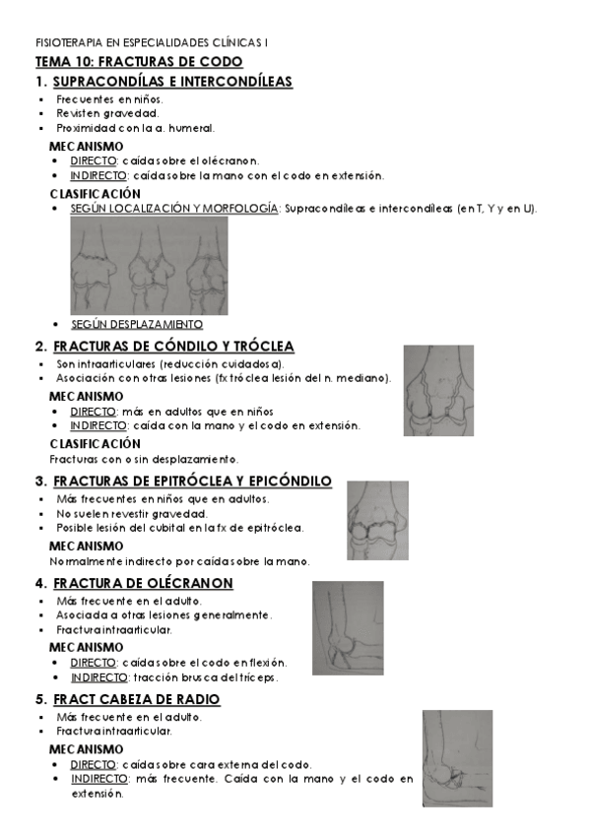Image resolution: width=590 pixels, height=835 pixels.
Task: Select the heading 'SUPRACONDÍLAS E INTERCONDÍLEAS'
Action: [172, 82]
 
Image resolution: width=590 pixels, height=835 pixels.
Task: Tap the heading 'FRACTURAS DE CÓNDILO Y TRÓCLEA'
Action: [173, 347]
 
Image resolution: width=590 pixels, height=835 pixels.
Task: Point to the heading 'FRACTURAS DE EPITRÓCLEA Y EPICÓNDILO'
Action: [192, 482]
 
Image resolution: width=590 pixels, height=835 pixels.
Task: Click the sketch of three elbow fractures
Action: [149, 265]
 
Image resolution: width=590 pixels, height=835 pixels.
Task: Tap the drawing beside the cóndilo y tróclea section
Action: [438, 390]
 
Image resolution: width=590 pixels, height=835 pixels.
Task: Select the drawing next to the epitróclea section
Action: [377, 521]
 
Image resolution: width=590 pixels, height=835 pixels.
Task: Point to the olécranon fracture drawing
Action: [348, 627]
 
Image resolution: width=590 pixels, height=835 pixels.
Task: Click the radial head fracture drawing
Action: [457, 759]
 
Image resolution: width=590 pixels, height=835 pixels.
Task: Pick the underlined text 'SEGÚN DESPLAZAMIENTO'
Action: [137, 324]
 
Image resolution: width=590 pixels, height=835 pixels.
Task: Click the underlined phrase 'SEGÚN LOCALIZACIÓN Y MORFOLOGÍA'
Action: [175, 209]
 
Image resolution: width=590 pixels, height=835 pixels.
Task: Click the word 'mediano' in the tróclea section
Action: [367, 378]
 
